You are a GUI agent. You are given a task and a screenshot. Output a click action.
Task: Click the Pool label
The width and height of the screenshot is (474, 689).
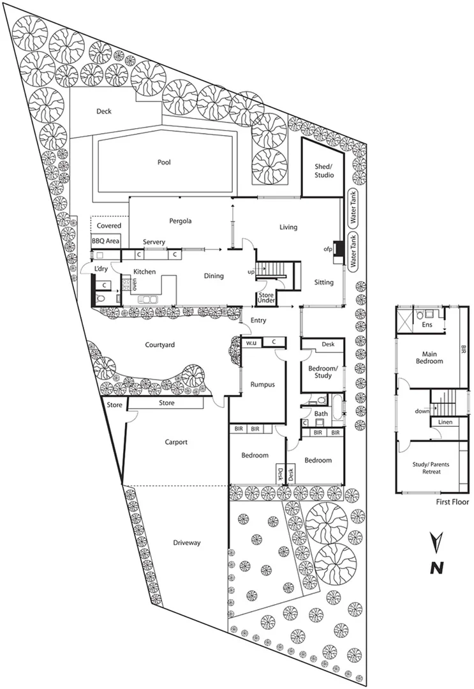(164, 162)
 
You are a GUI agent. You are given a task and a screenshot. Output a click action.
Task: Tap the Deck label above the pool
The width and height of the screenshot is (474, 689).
(104, 111)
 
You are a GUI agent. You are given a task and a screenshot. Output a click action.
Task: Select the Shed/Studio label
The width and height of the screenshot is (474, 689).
(321, 170)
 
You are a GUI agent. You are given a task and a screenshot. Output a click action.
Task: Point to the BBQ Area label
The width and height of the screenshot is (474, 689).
(106, 241)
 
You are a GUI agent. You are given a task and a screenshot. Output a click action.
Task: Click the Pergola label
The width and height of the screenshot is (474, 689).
(181, 221)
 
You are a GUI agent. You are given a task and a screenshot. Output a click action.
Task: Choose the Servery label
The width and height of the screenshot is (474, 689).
(154, 242)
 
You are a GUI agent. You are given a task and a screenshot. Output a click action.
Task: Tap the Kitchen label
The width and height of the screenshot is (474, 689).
(144, 272)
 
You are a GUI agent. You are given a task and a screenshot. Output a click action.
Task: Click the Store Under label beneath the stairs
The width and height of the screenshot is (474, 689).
(266, 297)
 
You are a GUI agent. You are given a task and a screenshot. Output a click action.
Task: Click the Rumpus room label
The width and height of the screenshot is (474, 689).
(262, 383)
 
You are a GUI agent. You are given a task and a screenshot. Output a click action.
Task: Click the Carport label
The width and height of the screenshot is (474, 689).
(176, 441)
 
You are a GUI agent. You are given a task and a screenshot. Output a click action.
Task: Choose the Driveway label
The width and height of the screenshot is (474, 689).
(187, 543)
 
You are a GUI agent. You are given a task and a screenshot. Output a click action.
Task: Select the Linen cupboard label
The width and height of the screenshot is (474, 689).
(445, 423)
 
